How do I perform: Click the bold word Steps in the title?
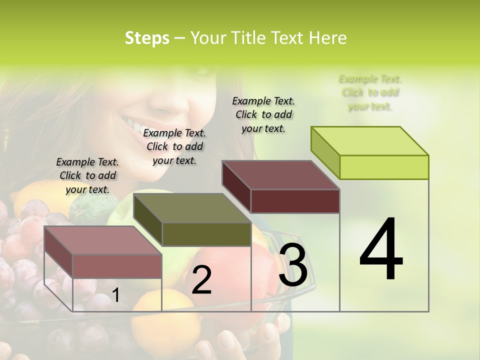[x=147, y=38]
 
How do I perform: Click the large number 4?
[x=381, y=250]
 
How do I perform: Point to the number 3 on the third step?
[x=293, y=265]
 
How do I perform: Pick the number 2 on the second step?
[x=201, y=280]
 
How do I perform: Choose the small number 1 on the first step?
[x=115, y=295]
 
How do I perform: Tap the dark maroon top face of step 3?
[x=280, y=175]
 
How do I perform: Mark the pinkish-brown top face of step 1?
[x=102, y=240]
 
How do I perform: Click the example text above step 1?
[x=87, y=175]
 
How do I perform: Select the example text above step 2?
[x=174, y=146]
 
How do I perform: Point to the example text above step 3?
[x=263, y=114]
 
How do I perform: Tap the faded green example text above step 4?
[x=370, y=92]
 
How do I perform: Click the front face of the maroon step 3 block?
[x=295, y=201]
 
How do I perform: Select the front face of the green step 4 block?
[x=384, y=167]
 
